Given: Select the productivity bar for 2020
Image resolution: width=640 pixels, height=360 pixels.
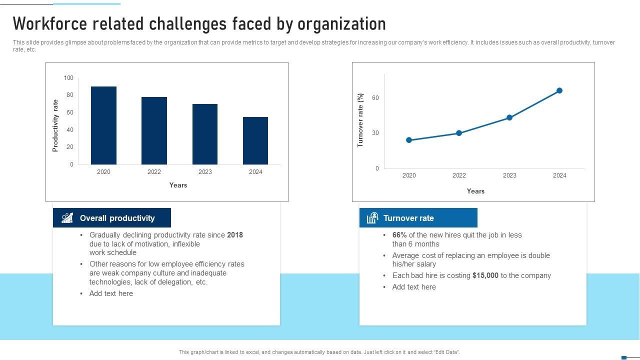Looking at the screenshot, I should click(103, 125).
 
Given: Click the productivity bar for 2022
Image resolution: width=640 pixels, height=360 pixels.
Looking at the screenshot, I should click(154, 130).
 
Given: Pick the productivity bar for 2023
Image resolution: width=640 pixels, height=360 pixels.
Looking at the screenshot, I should click(205, 134).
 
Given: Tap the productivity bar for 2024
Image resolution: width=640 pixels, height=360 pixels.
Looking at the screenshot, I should click(255, 140).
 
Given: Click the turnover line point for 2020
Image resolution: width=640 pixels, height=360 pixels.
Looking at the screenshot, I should click(409, 140).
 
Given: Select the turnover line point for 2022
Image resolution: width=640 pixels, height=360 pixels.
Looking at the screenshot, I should click(459, 133).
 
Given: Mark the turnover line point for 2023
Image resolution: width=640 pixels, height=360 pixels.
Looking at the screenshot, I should click(509, 117).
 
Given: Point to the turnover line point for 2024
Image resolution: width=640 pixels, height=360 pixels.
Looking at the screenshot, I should click(559, 90).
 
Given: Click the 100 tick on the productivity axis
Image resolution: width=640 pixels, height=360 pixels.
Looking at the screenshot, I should click(68, 78).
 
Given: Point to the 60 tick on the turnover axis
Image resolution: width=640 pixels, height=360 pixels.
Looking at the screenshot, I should click(375, 98).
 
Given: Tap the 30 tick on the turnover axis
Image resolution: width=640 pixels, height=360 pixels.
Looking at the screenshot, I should click(375, 133).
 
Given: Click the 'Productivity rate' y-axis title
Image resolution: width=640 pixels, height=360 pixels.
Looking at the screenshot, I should click(55, 125).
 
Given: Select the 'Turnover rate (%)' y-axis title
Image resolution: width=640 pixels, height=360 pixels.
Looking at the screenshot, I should click(360, 120).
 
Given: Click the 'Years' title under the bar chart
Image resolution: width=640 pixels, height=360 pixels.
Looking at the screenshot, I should click(178, 185).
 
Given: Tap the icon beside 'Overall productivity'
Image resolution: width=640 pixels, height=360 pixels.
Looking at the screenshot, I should click(67, 218).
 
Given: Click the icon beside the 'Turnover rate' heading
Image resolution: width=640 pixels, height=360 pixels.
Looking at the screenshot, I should click(372, 218).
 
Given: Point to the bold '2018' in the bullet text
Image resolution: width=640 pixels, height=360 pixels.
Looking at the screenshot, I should click(235, 235).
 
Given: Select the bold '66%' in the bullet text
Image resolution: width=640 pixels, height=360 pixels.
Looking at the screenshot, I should click(399, 235).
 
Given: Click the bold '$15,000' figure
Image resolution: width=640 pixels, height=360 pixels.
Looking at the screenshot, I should click(485, 275).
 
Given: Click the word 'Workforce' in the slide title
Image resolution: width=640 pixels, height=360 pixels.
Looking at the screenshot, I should click(52, 24).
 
